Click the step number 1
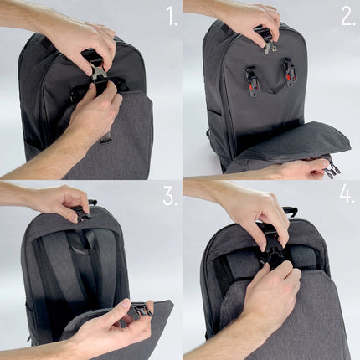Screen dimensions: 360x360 coord(171,16)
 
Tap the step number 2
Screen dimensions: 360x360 coord(347,16)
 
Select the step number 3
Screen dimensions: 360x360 coord(170,197)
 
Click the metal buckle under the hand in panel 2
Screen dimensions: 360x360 coord(269,43)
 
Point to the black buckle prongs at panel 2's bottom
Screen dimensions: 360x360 coord(332,169)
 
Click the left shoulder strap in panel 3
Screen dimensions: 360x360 coord(50,268)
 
